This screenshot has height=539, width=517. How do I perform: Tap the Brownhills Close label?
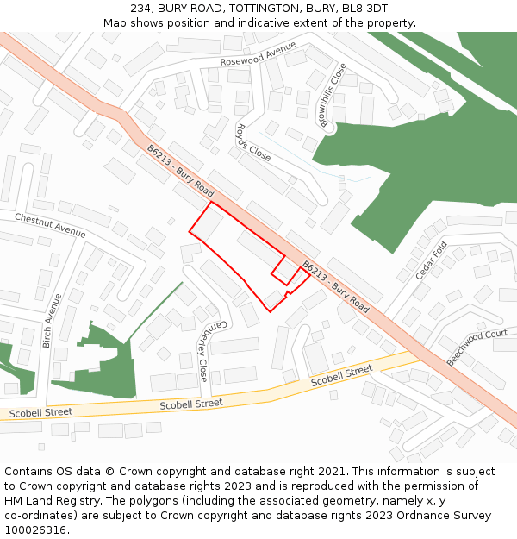(x=334, y=95)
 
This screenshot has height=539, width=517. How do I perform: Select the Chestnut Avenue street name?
(x=50, y=225)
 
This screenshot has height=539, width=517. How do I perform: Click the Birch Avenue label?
(x=52, y=321)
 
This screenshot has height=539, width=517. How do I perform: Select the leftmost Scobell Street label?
(x=40, y=413)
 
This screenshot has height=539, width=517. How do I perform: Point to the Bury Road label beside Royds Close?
(x=180, y=170)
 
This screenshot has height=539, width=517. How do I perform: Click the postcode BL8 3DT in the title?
(x=364, y=8)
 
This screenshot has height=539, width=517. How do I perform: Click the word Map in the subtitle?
(x=115, y=22)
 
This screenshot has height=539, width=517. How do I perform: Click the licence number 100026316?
(x=35, y=530)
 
